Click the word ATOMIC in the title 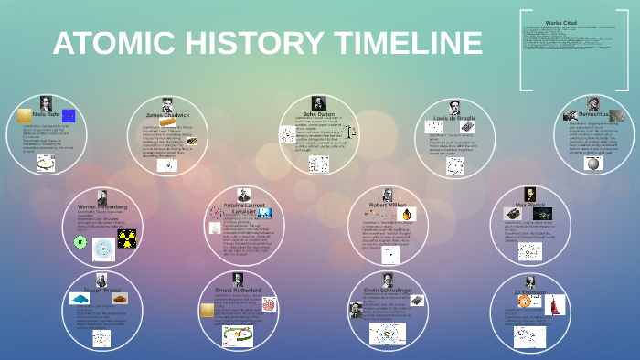point(109,43)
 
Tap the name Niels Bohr point(45,114)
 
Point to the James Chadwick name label point(167,115)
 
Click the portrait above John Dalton point(319,103)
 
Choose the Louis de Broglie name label point(454,119)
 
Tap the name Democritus point(593,114)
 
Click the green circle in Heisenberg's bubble point(80,242)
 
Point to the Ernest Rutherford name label point(236,289)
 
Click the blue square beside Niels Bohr point(69,115)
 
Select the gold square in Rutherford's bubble point(207,311)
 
